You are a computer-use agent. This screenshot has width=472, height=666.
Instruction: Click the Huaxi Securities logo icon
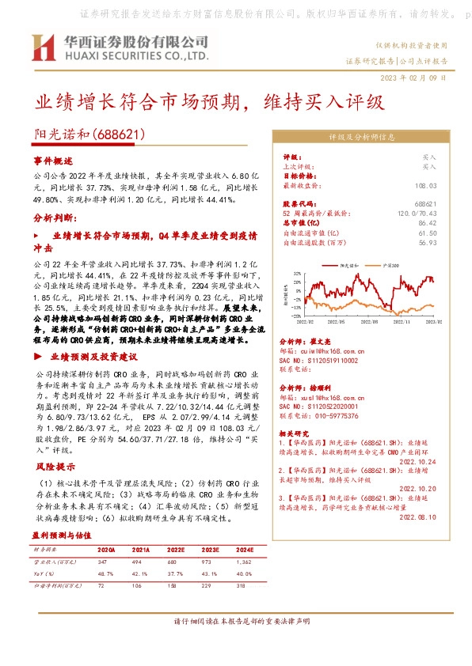point(43,48)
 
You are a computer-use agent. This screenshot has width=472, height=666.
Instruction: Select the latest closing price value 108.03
point(426,185)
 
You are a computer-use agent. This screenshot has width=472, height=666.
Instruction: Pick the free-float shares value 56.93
point(428,243)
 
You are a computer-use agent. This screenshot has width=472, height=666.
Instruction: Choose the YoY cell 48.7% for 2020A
point(106,572)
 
